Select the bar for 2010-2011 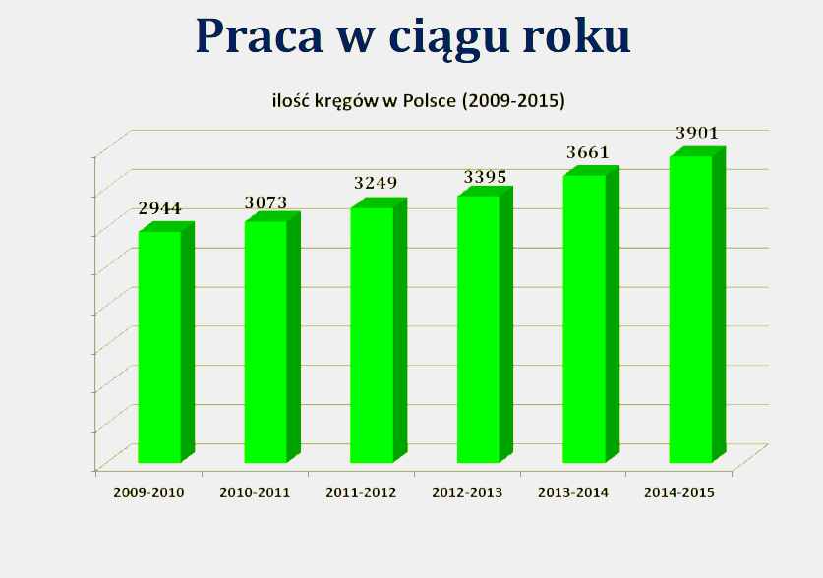[x=272, y=338]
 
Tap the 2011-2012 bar [x=379, y=331]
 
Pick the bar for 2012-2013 [x=485, y=325]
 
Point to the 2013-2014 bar [x=591, y=315]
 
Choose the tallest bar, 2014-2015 [x=697, y=306]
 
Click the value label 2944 [x=159, y=208]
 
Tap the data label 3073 [x=266, y=202]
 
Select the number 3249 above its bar [x=376, y=183]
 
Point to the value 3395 [x=485, y=177]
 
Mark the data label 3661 [x=588, y=152]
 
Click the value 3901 [x=697, y=133]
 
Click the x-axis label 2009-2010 [x=149, y=493]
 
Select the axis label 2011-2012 [x=361, y=493]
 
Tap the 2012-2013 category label [x=467, y=493]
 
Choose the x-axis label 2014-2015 [x=679, y=493]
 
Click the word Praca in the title [x=259, y=36]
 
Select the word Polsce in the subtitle [x=430, y=100]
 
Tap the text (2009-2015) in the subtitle [x=513, y=100]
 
